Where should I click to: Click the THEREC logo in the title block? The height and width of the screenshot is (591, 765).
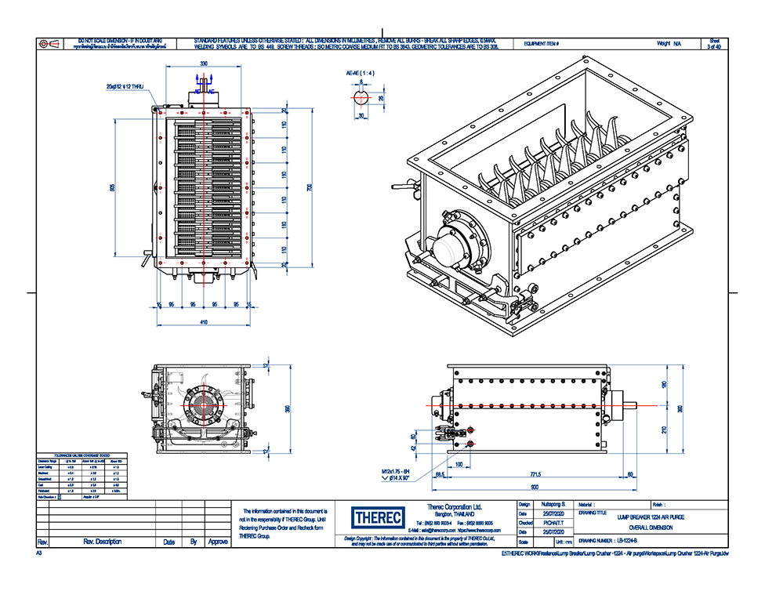point(379,519)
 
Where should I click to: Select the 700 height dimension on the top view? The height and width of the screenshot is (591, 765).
point(309,189)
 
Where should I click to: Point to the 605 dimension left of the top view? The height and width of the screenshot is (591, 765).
point(112,188)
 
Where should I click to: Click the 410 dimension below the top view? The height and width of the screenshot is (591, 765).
point(203,322)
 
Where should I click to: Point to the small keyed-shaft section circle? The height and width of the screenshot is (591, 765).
point(361,98)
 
